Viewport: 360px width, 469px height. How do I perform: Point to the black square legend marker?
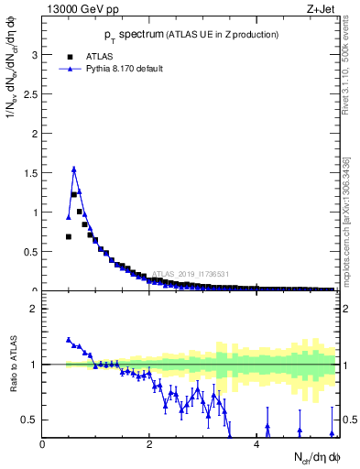click(69, 56)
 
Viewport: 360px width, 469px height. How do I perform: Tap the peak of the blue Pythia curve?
click(74, 169)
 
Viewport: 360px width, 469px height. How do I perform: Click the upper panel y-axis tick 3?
click(35, 55)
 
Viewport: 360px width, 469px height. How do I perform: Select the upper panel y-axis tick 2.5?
click(31, 94)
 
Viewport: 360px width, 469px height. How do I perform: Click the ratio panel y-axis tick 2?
click(35, 309)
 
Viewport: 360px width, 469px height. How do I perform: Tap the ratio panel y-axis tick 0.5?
click(31, 420)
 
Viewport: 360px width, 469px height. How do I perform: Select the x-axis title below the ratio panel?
click(316, 457)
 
